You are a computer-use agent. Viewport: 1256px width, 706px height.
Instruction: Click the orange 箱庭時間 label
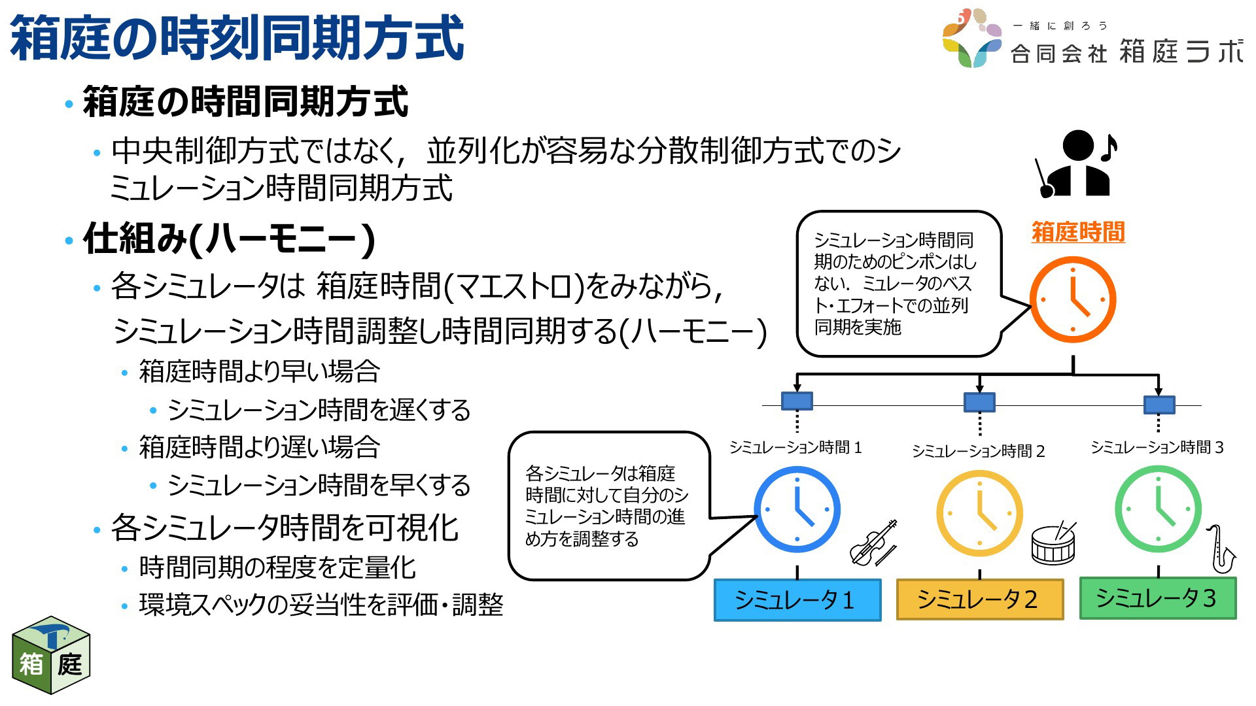click(1078, 232)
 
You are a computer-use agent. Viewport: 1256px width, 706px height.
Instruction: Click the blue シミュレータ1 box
click(797, 599)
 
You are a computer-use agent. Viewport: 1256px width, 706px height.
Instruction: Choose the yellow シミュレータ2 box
click(979, 599)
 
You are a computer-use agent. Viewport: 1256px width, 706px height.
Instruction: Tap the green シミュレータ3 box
click(1158, 597)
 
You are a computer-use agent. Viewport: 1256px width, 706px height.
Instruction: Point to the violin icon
click(873, 543)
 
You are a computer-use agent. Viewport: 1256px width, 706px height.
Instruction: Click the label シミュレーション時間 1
click(795, 447)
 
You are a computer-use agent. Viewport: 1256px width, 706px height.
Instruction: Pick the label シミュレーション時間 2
click(979, 451)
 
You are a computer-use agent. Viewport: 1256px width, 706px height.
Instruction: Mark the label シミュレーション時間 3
click(1157, 447)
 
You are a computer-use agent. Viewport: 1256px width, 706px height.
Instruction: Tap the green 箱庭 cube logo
click(51, 655)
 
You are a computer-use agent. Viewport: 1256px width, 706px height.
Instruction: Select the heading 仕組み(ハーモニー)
click(229, 238)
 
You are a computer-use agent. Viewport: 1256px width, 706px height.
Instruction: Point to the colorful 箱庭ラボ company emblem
click(972, 38)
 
